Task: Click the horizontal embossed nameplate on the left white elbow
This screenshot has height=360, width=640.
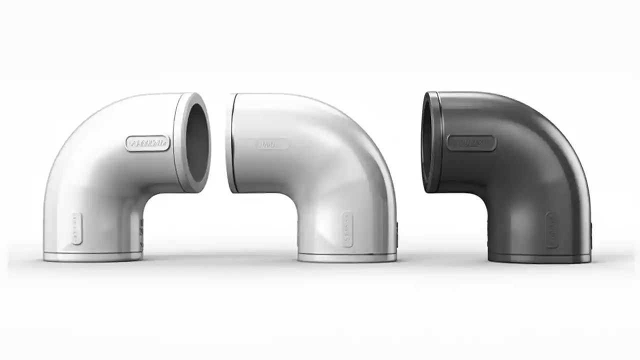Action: pyautogui.click(x=147, y=143)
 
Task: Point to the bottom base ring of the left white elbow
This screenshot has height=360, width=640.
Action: pyautogui.click(x=92, y=257)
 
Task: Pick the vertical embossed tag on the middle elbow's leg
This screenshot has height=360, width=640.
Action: pyautogui.click(x=347, y=229)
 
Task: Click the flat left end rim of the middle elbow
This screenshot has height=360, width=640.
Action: pyautogui.click(x=230, y=142)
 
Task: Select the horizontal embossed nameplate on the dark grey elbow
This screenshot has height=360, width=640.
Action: pyautogui.click(x=471, y=143)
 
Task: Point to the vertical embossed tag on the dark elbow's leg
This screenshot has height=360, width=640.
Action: pyautogui.click(x=550, y=230)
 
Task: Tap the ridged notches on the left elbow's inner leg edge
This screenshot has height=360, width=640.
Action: pyautogui.click(x=141, y=235)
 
